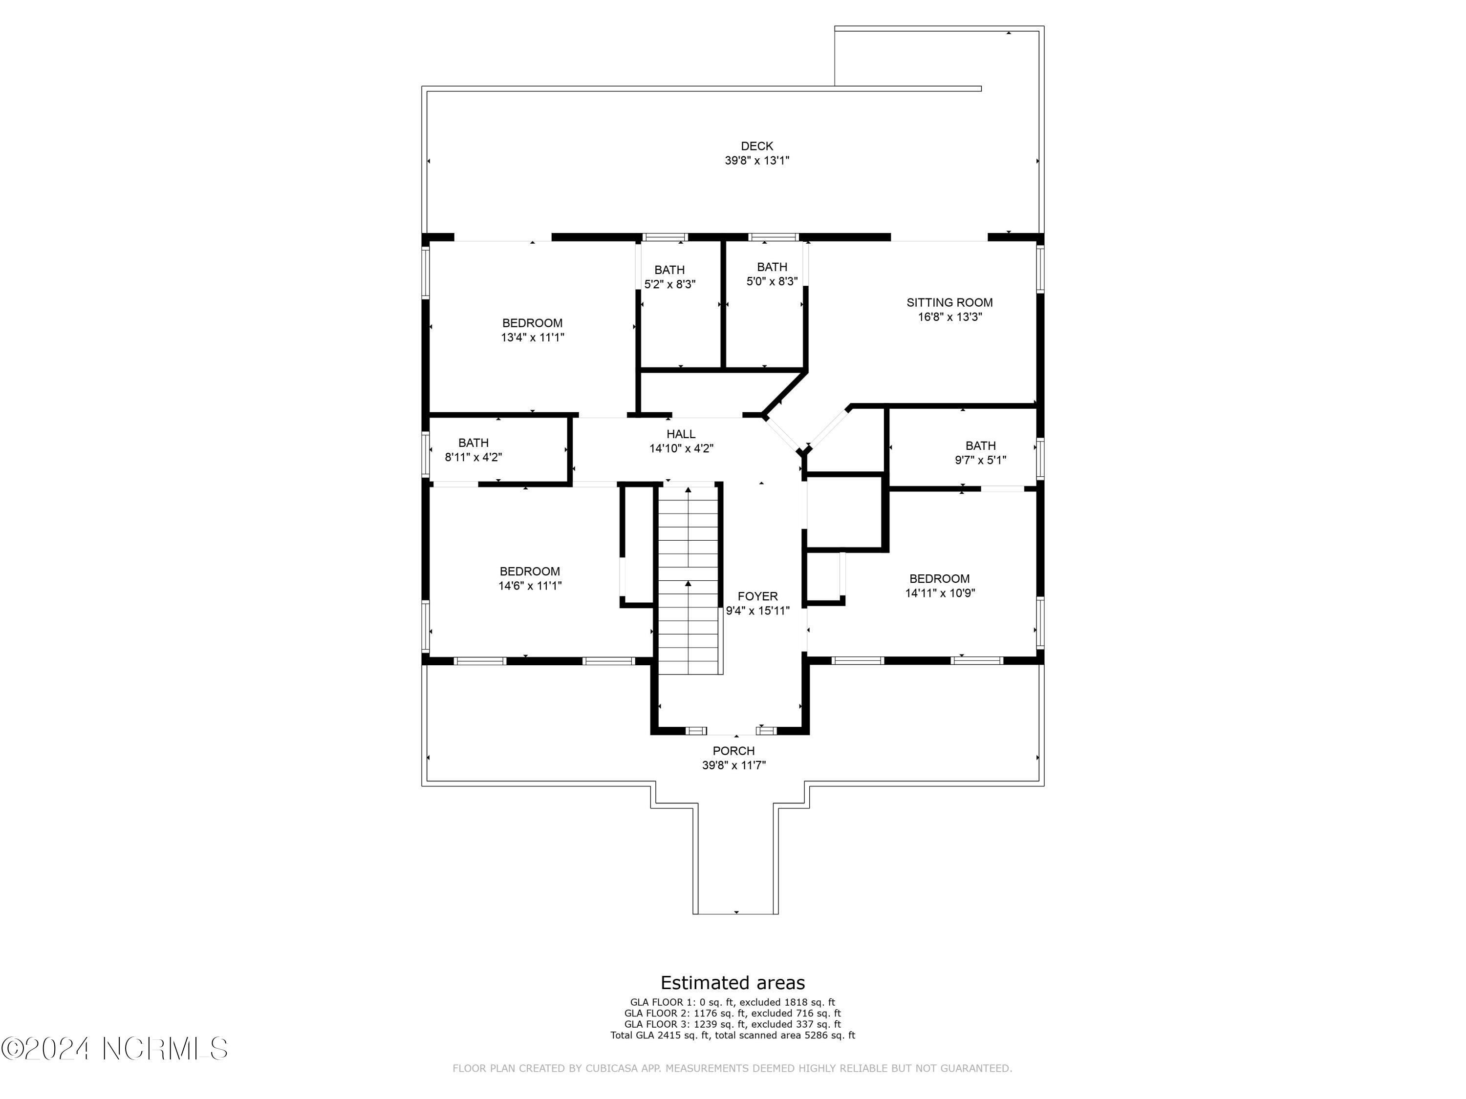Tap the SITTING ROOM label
(x=949, y=303)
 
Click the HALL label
(x=681, y=435)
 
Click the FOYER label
(x=757, y=597)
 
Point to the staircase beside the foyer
(x=688, y=580)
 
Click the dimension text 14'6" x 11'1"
(x=530, y=586)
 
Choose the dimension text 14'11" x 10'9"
(x=940, y=593)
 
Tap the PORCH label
(x=733, y=751)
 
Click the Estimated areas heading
(x=733, y=982)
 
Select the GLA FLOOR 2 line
(x=733, y=1014)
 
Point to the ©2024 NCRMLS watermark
(x=115, y=1049)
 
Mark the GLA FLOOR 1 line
(x=733, y=1003)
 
